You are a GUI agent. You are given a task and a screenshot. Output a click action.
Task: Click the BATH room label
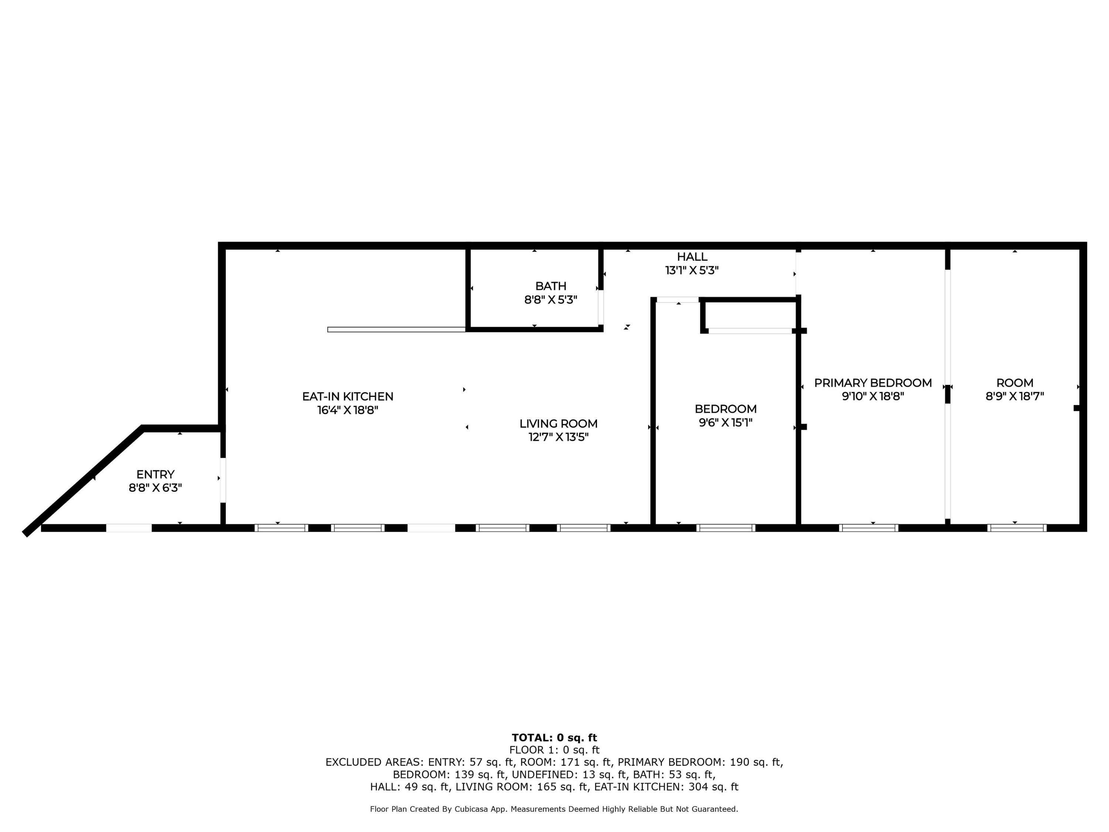pyautogui.click(x=550, y=286)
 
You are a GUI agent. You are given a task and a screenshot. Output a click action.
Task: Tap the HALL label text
pyautogui.click(x=692, y=257)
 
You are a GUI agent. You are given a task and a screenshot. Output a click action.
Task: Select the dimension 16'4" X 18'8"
pyautogui.click(x=347, y=410)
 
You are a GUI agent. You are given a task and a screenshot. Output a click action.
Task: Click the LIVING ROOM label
pyautogui.click(x=558, y=424)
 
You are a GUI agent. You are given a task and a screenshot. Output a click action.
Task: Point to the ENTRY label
pyautogui.click(x=155, y=474)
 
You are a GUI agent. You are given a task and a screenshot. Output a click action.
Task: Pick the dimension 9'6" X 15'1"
pyautogui.click(x=725, y=423)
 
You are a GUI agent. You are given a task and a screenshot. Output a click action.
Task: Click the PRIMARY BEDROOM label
pyautogui.click(x=872, y=383)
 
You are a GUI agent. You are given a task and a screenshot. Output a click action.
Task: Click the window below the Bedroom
pyautogui.click(x=725, y=528)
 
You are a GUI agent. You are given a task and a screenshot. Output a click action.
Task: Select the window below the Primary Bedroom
pyautogui.click(x=868, y=528)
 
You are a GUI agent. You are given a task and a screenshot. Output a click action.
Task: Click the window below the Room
pyautogui.click(x=1017, y=528)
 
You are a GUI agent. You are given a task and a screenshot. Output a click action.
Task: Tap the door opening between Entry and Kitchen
pyautogui.click(x=223, y=480)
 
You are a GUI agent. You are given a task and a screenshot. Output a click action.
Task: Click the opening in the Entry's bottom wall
pyautogui.click(x=129, y=528)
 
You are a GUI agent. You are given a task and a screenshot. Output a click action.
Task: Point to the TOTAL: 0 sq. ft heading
pyautogui.click(x=554, y=738)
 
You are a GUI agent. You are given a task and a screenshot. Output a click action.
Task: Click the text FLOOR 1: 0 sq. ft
pyautogui.click(x=554, y=750)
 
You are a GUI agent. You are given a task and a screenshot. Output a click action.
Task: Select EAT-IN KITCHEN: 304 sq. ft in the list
pyautogui.click(x=666, y=787)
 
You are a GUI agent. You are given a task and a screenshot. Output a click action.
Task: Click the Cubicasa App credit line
pyautogui.click(x=554, y=809)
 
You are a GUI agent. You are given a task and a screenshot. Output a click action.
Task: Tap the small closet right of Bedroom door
pyautogui.click(x=750, y=315)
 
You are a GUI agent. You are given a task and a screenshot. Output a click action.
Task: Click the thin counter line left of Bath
pyautogui.click(x=396, y=329)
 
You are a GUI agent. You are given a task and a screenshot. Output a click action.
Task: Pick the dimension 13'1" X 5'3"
pyautogui.click(x=692, y=271)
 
